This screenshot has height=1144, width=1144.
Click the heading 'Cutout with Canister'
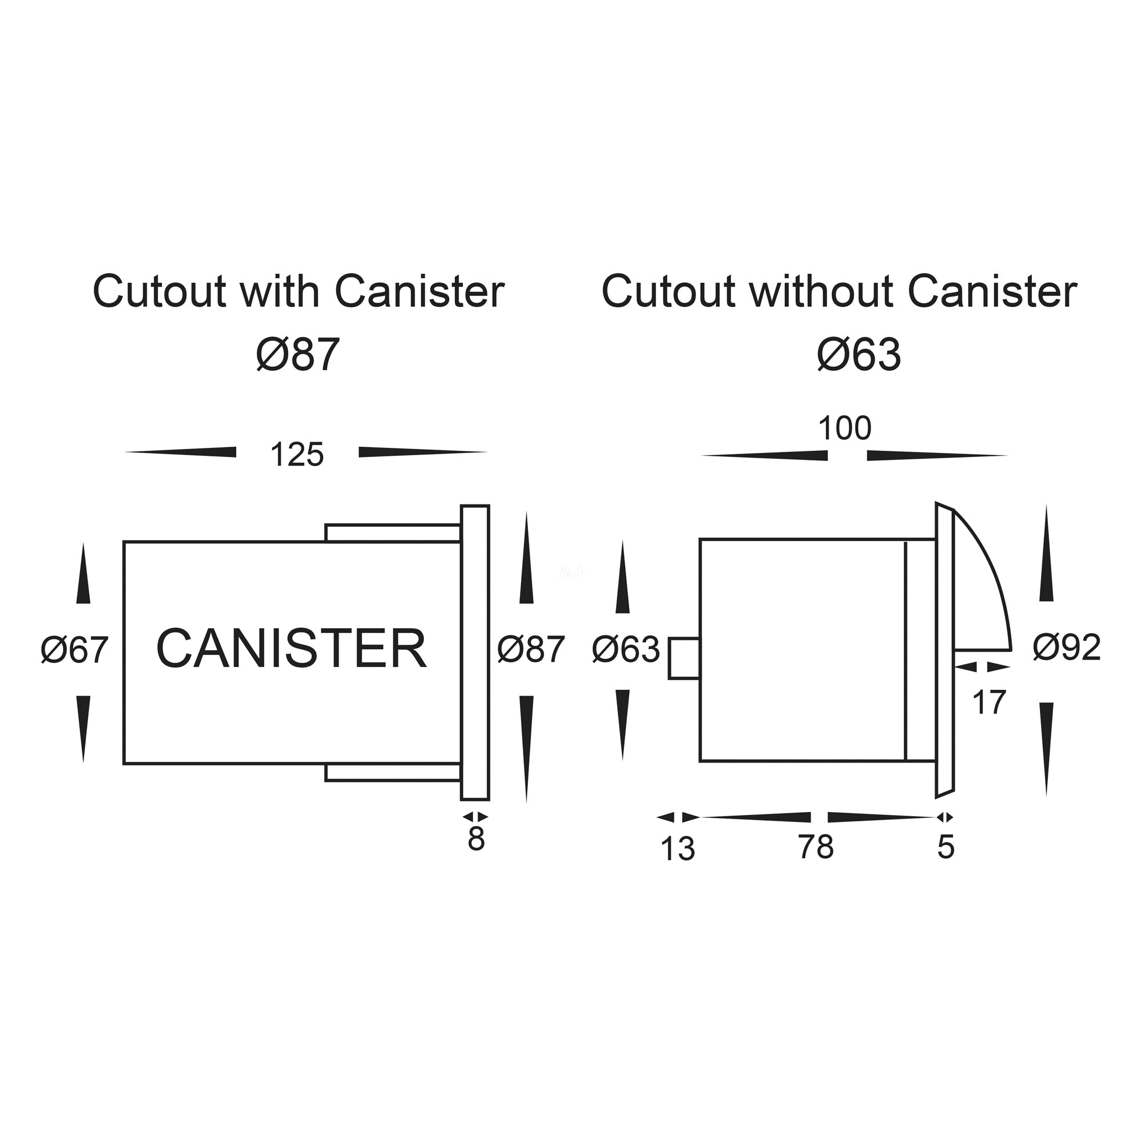click(x=299, y=291)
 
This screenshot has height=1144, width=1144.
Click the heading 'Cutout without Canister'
click(x=839, y=291)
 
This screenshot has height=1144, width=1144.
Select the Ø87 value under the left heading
click(x=298, y=355)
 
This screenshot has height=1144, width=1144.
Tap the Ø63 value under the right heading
click(x=859, y=355)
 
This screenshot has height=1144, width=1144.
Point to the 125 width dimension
click(x=297, y=455)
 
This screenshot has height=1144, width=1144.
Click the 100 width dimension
click(x=844, y=428)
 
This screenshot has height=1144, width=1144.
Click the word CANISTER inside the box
click(x=291, y=649)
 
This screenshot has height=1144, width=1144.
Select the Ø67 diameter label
click(x=74, y=650)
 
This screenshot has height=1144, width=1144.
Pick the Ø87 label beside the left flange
click(x=531, y=649)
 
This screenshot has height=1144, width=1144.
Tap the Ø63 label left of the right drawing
click(x=626, y=649)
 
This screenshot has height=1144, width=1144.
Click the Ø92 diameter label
click(x=1066, y=647)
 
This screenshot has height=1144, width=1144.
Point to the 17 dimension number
click(x=989, y=703)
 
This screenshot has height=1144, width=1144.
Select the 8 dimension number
click(x=476, y=839)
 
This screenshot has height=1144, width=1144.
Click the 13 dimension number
click(x=677, y=849)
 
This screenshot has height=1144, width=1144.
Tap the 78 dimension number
click(x=816, y=847)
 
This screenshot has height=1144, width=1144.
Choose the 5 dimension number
click(x=946, y=847)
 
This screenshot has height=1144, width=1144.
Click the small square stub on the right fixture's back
click(x=684, y=658)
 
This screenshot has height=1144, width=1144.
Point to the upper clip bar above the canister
click(x=392, y=533)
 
